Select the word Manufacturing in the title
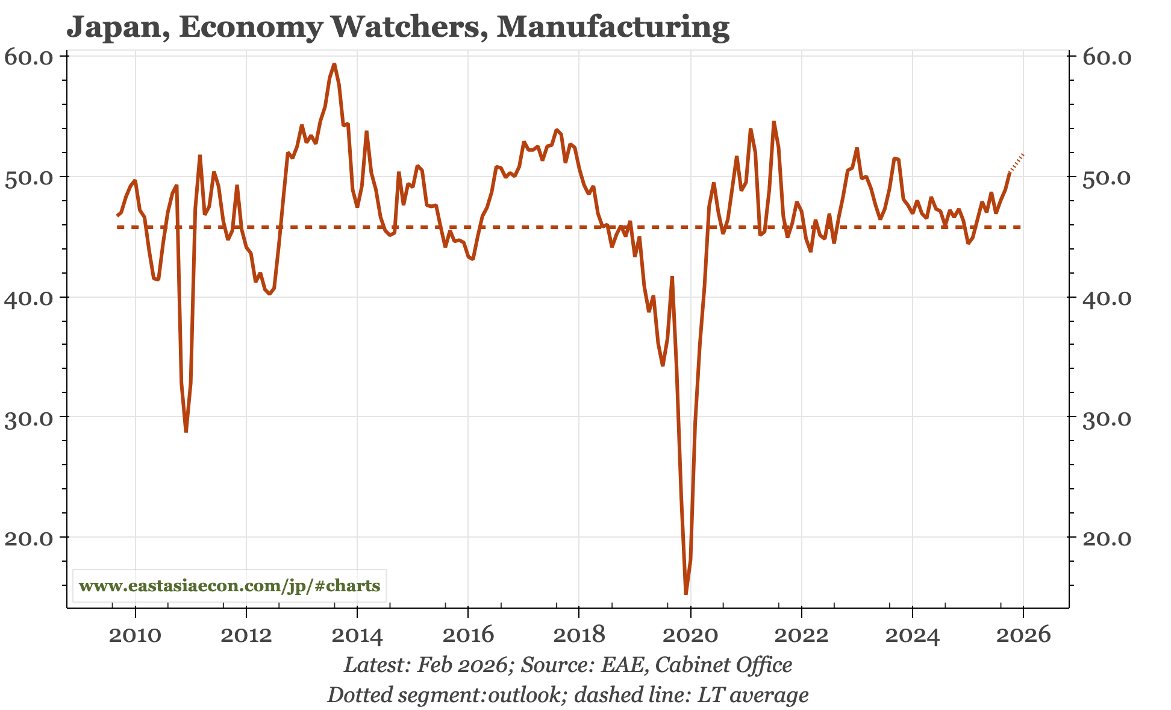[613, 27]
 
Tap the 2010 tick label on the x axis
[136, 635]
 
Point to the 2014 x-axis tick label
[357, 635]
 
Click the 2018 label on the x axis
[579, 635]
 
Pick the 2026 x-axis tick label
[1023, 635]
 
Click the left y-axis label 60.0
[29, 57]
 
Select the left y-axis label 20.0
[29, 538]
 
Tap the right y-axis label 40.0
[1108, 298]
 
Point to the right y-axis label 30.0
[1108, 418]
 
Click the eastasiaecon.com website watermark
[230, 586]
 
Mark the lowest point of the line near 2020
[685, 594]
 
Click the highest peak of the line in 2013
[334, 64]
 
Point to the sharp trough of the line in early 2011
[186, 431]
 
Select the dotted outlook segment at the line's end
[1017, 163]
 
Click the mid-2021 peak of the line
[774, 122]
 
